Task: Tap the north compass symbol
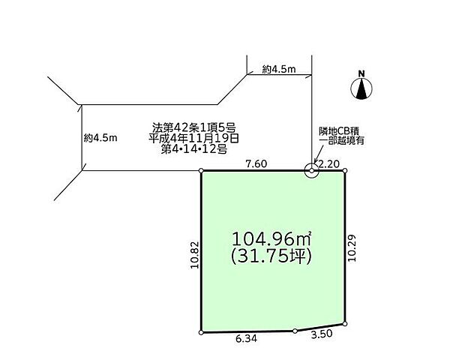click(361, 89)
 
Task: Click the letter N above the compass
click(361, 73)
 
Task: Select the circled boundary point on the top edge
click(311, 171)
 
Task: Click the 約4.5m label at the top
click(279, 69)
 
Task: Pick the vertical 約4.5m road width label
click(101, 138)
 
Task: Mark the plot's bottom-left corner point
click(202, 331)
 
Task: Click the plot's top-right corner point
click(346, 171)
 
